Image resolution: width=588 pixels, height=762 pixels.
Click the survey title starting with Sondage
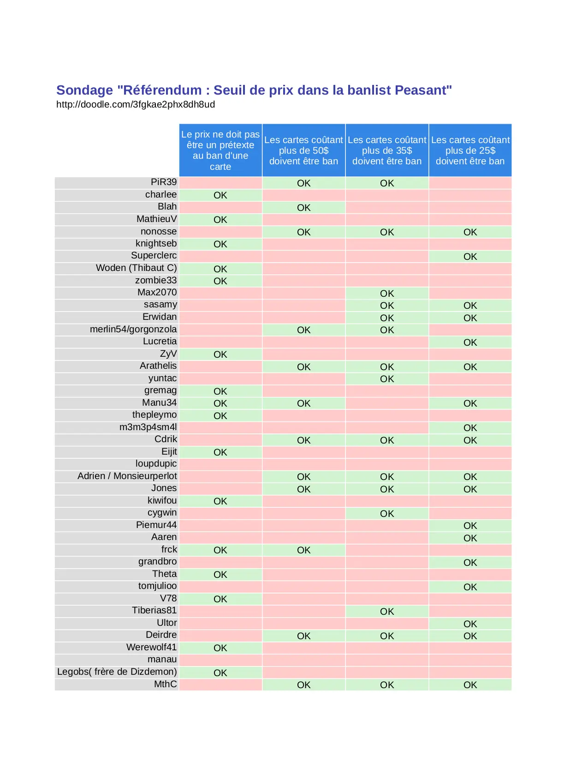(x=254, y=90)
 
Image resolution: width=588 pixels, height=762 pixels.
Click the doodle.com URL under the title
(x=136, y=104)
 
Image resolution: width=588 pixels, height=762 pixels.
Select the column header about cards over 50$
(x=303, y=150)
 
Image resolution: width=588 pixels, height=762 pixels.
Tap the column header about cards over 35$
(x=387, y=150)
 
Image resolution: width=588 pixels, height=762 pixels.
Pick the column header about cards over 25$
(x=470, y=150)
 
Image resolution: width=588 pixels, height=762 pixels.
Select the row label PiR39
(x=164, y=182)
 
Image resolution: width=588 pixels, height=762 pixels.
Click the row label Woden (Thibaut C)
(x=136, y=268)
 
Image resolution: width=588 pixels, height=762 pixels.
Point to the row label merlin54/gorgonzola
(x=133, y=329)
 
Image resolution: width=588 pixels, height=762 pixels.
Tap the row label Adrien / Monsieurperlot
(x=127, y=476)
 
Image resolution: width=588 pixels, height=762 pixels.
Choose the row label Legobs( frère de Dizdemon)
(x=117, y=672)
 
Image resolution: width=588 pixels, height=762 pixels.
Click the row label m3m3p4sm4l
(x=148, y=427)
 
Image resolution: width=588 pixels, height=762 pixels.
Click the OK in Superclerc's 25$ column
(x=470, y=257)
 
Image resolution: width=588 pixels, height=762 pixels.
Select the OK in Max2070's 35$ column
(x=387, y=294)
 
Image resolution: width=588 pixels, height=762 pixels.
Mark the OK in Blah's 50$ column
(x=303, y=208)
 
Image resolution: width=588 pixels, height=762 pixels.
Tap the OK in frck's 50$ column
(x=303, y=550)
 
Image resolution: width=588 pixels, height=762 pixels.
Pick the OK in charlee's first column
(x=220, y=195)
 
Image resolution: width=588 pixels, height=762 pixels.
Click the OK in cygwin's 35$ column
(x=387, y=514)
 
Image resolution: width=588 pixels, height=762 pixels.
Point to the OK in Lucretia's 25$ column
(x=470, y=342)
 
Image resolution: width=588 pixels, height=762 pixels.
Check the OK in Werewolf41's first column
(x=220, y=648)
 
